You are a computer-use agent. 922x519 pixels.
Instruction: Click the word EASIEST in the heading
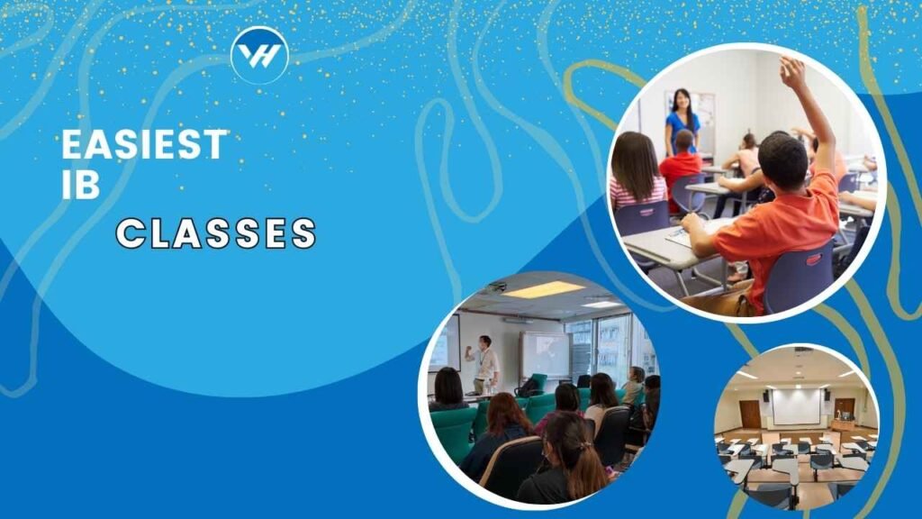tap(144, 144)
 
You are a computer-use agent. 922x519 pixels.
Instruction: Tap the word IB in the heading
tap(80, 184)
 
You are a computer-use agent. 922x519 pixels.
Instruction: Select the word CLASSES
tap(216, 233)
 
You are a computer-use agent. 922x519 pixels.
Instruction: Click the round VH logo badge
tap(260, 55)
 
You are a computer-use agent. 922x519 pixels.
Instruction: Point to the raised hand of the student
tap(793, 72)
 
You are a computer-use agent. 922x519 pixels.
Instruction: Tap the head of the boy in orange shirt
tap(782, 160)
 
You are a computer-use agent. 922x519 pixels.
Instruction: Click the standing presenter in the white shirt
tap(484, 365)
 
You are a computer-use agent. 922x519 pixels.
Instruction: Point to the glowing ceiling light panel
tap(543, 289)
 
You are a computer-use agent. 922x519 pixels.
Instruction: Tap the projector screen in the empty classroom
tap(796, 406)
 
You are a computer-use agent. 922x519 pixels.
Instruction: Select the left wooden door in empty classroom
tap(750, 414)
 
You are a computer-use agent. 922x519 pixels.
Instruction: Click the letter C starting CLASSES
tap(130, 233)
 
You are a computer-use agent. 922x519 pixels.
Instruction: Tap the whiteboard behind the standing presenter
tap(545, 354)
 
